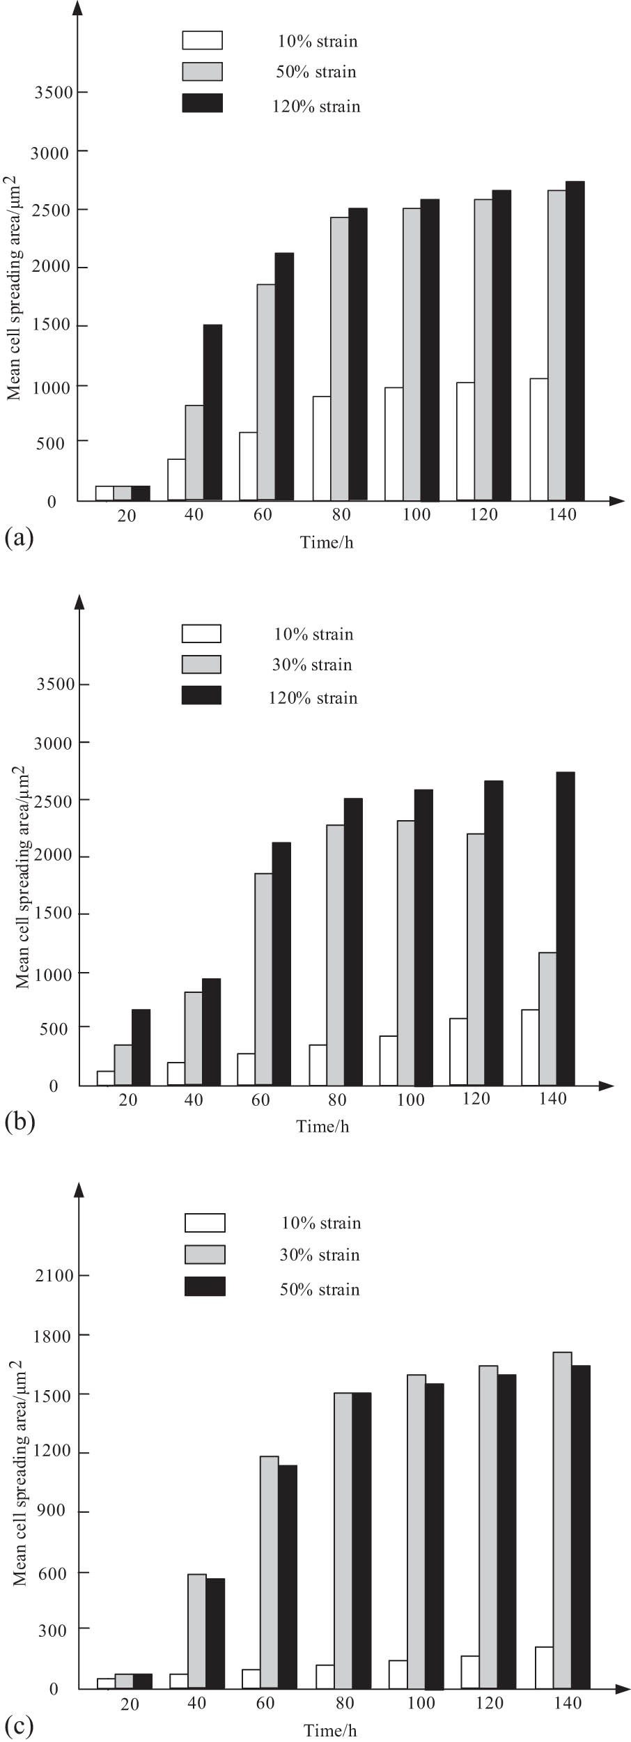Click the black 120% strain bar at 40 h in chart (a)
click(212, 413)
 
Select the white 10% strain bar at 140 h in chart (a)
click(538, 439)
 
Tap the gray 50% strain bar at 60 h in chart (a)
click(266, 392)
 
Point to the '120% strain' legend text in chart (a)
click(316, 107)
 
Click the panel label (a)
click(19, 537)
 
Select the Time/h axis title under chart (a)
click(327, 542)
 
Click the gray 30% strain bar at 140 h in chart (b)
click(548, 1019)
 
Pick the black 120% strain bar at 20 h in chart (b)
click(141, 1047)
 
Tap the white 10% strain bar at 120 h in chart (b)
click(458, 1051)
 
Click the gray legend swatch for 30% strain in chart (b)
click(201, 664)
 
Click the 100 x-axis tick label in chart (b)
click(411, 1100)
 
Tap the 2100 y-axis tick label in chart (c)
click(54, 1276)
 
